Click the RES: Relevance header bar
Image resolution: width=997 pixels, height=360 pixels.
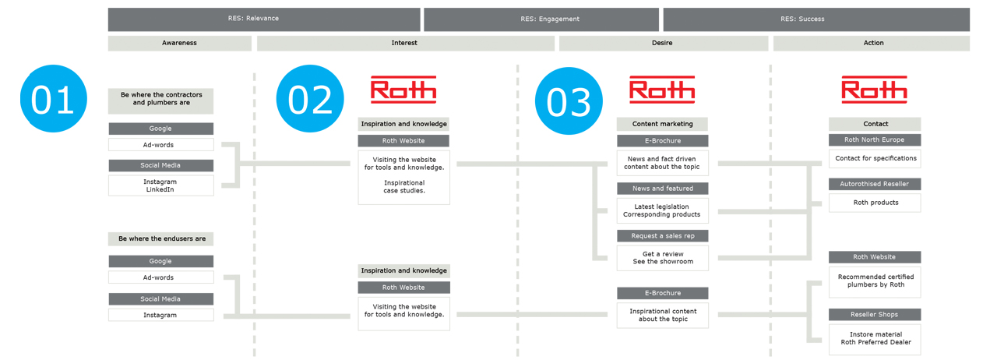[264, 19]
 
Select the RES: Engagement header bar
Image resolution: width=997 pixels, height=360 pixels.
[541, 19]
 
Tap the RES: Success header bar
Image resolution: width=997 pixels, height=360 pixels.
[816, 19]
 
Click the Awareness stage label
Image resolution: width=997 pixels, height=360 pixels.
[179, 43]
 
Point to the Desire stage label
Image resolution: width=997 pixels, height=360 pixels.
[663, 43]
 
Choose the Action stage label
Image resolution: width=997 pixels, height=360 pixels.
[871, 43]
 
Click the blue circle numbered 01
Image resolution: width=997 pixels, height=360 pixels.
[54, 98]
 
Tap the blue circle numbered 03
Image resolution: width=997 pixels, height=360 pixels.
[569, 101]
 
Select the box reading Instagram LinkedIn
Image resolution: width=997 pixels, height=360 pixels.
[160, 185]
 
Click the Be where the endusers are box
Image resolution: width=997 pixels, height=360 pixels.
[160, 238]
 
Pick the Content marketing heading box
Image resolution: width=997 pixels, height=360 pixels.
[662, 124]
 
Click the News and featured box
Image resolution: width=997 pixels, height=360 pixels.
[662, 189]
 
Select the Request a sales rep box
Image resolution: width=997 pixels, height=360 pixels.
[662, 235]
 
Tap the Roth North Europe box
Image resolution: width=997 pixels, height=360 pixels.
[875, 140]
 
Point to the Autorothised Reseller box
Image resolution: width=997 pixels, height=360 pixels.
[875, 184]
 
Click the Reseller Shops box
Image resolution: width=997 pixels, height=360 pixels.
[875, 315]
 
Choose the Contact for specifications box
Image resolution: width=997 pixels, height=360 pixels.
[875, 159]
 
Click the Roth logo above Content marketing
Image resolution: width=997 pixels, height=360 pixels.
[662, 90]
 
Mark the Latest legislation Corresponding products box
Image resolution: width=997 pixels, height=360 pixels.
[662, 210]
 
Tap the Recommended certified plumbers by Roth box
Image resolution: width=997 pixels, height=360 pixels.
[875, 282]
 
